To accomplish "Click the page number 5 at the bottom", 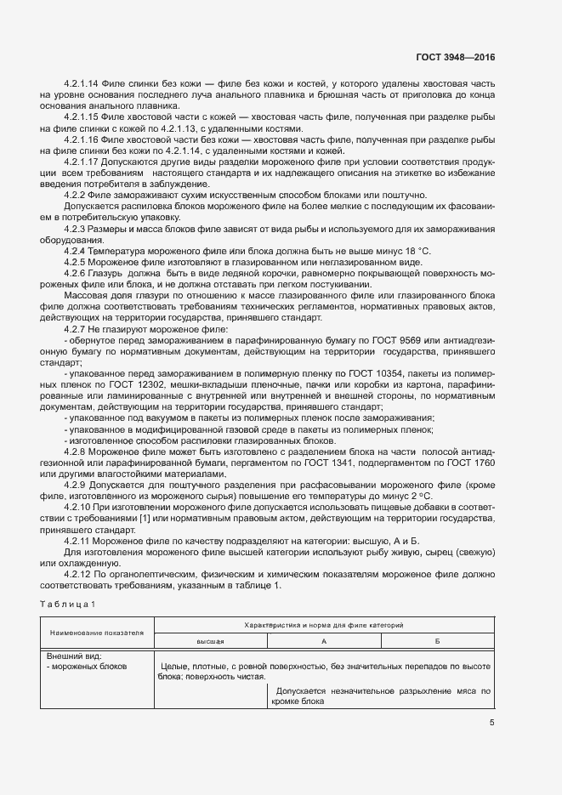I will tap(491, 724).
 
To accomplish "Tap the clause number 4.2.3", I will tap(77, 229).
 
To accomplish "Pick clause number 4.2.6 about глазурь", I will tap(77, 274).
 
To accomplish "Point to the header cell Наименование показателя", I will tap(96, 633).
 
